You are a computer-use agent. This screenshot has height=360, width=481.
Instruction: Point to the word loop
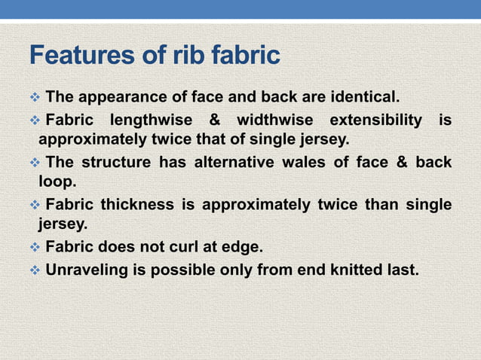pyautogui.click(x=57, y=181)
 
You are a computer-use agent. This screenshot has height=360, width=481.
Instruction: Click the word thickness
pyautogui.click(x=138, y=206)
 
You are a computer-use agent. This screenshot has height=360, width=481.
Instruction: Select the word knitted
pyautogui.click(x=361, y=270)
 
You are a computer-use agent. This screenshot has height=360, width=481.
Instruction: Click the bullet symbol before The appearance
pyautogui.click(x=34, y=98)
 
